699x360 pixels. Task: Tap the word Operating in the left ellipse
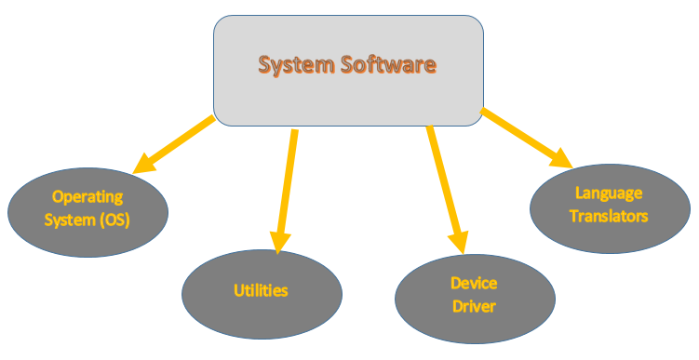coord(87,196)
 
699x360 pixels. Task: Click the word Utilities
coord(261,290)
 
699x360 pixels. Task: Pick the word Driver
coord(475,306)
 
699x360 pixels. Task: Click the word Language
coord(609,193)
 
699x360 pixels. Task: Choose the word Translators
coord(609,216)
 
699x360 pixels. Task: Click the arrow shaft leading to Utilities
coord(287,177)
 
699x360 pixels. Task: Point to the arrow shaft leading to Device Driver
coord(440,177)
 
